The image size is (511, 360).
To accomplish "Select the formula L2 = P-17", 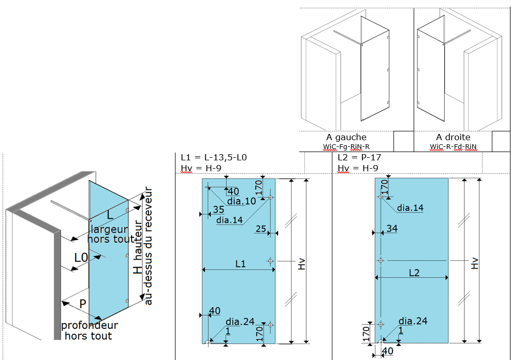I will (x=358, y=157).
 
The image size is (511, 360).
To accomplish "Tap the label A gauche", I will (x=346, y=137).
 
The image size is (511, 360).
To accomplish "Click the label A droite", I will (x=453, y=137).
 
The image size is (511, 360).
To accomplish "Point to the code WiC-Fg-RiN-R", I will (x=346, y=146).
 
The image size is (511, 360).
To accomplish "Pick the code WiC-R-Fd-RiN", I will (x=453, y=146).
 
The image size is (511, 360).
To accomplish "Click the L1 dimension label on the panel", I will (x=240, y=264).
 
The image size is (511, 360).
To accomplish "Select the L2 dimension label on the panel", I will (x=414, y=272).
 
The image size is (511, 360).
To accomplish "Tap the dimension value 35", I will (x=218, y=209).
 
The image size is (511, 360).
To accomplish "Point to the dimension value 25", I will (x=260, y=229).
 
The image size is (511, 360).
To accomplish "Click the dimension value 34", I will (x=392, y=229).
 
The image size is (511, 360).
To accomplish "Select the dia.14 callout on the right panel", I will (x=410, y=208).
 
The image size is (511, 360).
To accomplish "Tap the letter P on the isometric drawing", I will (x=83, y=303).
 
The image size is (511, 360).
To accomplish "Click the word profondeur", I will (x=90, y=325).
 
